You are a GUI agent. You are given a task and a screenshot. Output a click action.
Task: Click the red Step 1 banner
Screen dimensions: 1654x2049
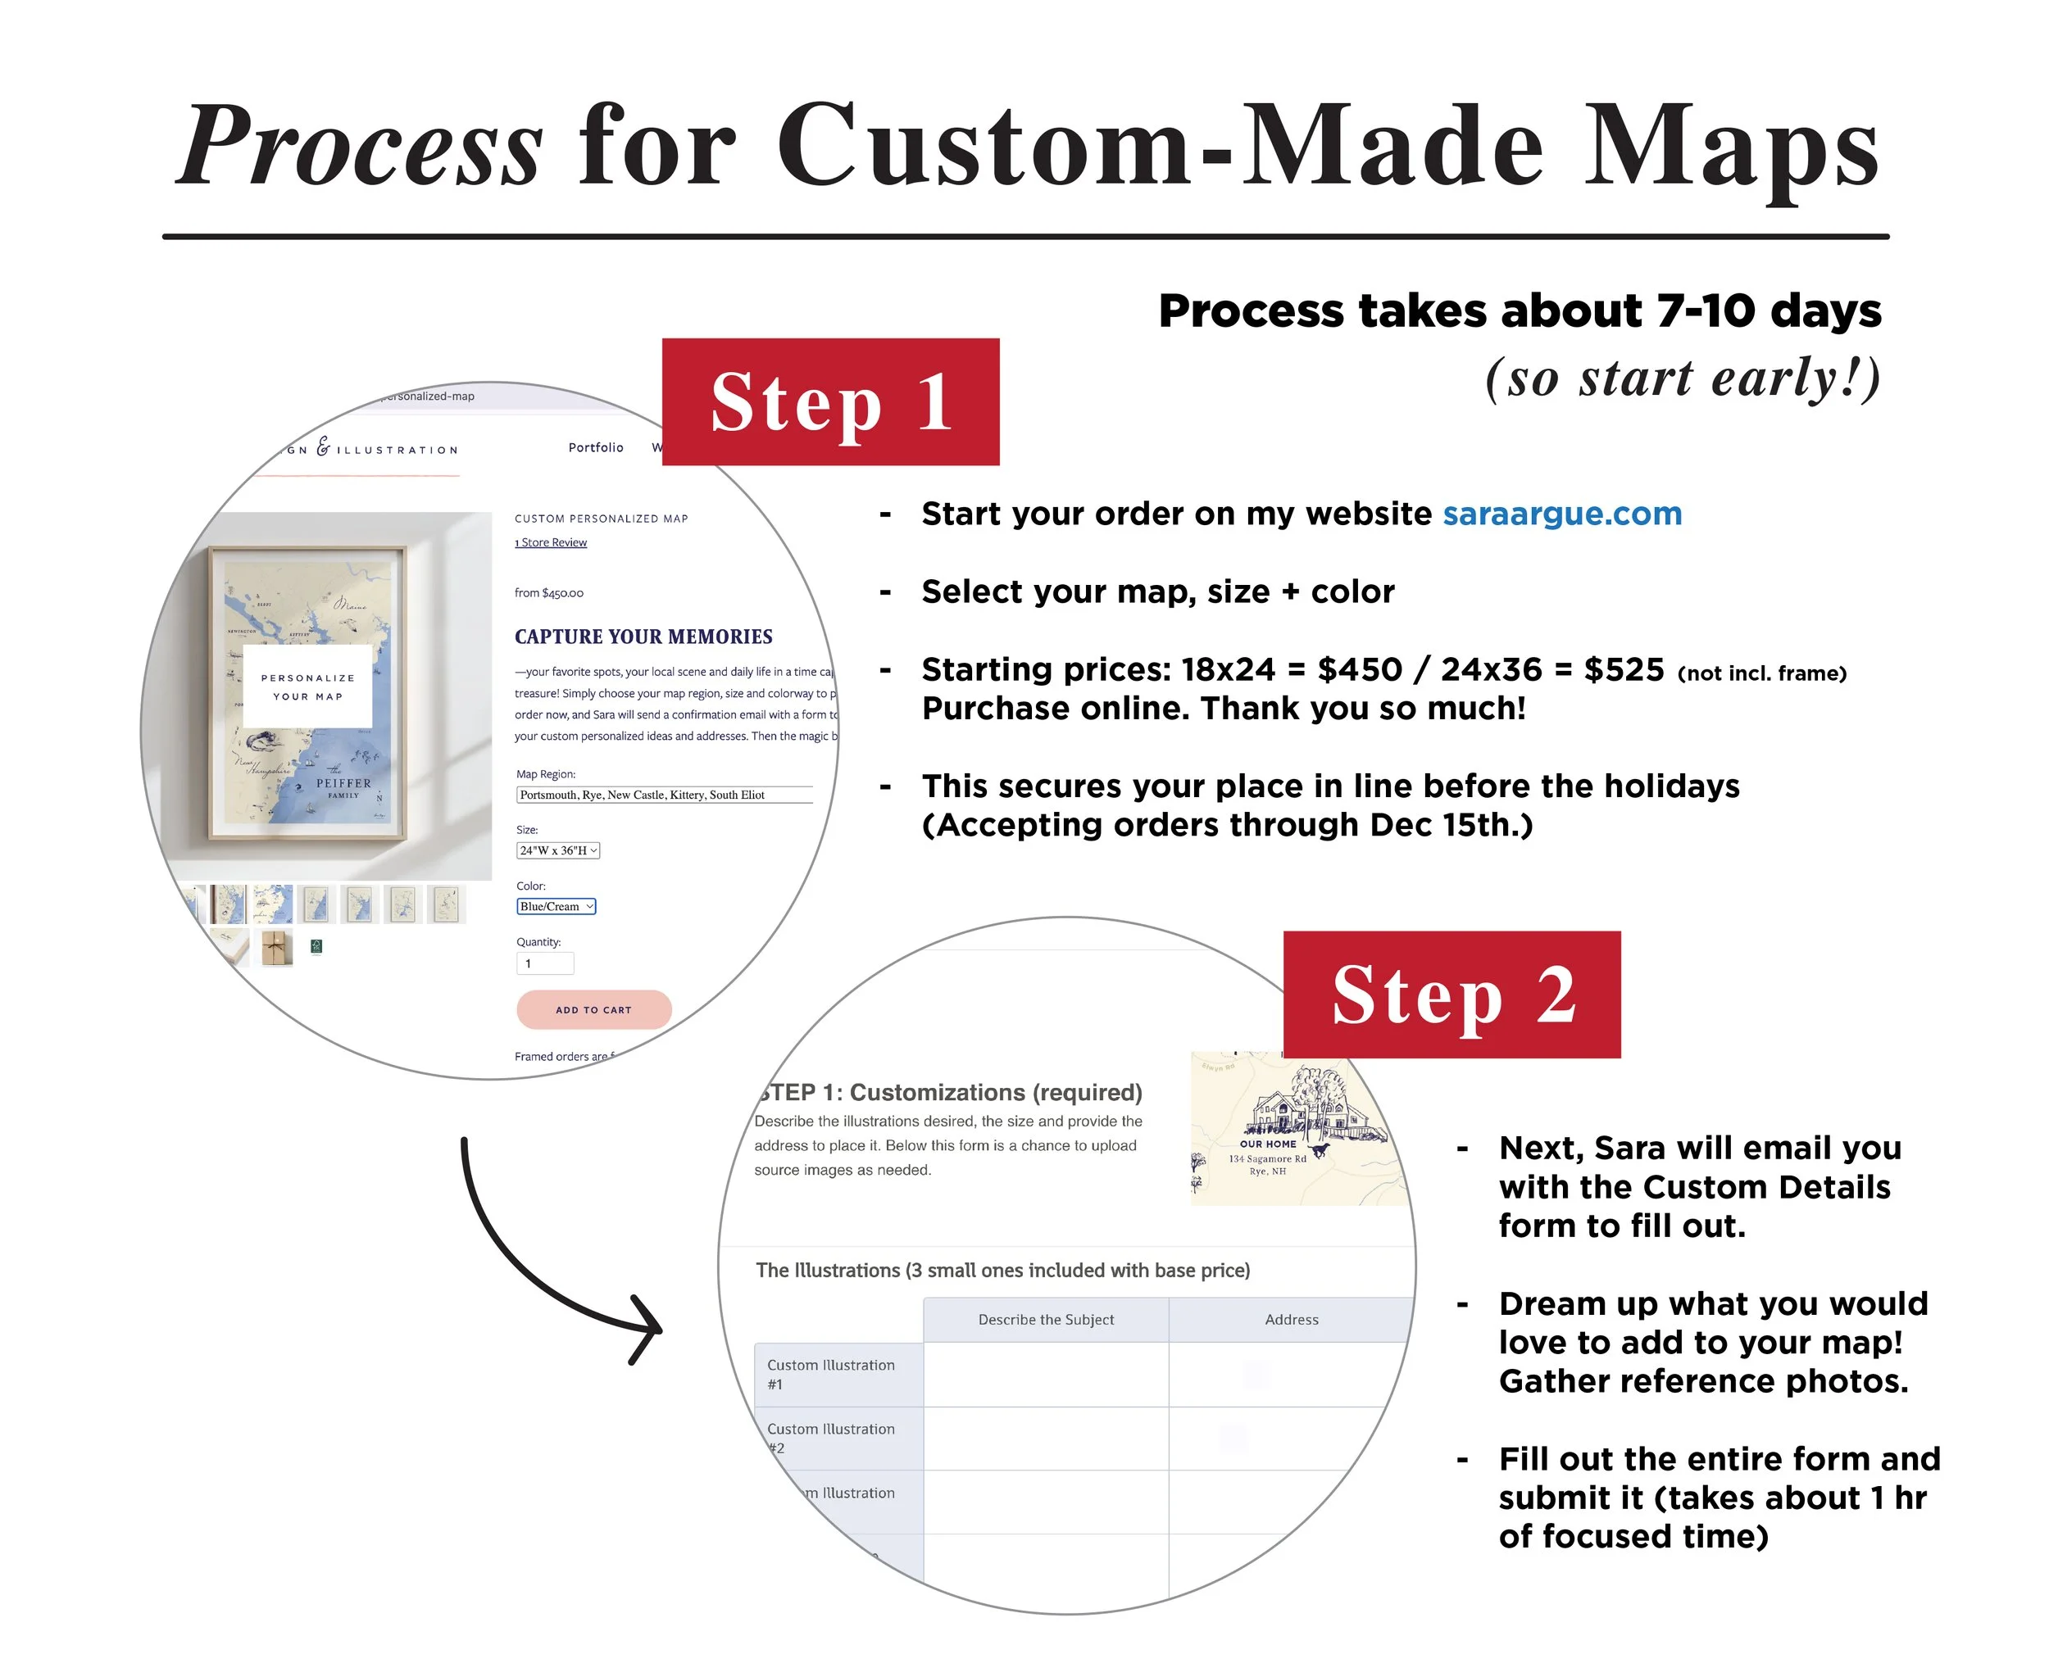(830, 401)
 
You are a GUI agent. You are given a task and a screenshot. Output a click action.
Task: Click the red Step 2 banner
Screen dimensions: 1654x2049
(1451, 994)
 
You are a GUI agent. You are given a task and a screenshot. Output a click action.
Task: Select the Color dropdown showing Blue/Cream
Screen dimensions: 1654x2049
(556, 906)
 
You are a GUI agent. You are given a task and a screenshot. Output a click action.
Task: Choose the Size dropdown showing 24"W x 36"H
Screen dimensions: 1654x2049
(557, 850)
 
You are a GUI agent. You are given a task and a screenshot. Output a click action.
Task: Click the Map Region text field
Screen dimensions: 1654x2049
(663, 795)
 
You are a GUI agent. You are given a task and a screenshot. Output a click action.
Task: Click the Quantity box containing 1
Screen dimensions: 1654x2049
(544, 963)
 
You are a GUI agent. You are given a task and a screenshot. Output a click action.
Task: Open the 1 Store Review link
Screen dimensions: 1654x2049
(551, 542)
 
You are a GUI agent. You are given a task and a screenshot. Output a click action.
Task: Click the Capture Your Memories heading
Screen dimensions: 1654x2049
(643, 636)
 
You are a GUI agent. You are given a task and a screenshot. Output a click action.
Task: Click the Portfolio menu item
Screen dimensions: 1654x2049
(596, 446)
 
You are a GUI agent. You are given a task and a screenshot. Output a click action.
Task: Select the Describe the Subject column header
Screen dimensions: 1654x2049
(1046, 1320)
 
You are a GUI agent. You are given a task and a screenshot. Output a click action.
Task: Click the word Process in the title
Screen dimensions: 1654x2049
(361, 145)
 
